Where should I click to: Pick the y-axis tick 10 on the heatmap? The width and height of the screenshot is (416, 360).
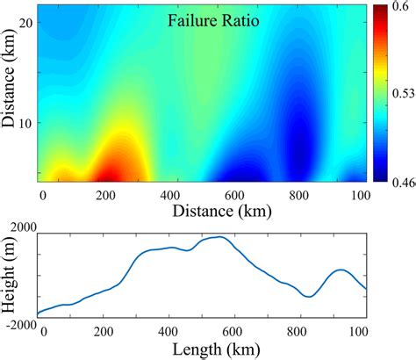pyautogui.click(x=25, y=123)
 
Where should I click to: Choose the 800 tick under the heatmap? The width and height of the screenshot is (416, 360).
pyautogui.click(x=300, y=193)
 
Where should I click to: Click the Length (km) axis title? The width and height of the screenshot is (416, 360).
pyautogui.click(x=201, y=349)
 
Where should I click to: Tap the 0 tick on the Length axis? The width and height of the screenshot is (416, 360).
pyautogui.click(x=41, y=331)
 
